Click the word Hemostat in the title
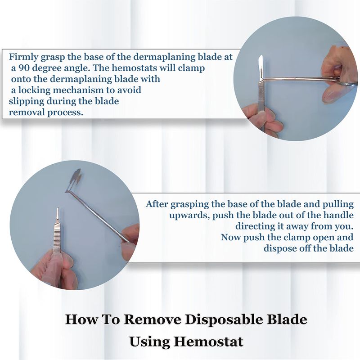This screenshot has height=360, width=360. [x=208, y=342]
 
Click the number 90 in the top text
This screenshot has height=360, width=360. [x=24, y=68]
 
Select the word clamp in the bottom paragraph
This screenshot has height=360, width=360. [x=299, y=237]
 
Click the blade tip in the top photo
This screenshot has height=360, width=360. [x=261, y=56]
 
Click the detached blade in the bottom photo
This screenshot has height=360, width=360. [x=74, y=180]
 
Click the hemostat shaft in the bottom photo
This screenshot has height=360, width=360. [x=98, y=216]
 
